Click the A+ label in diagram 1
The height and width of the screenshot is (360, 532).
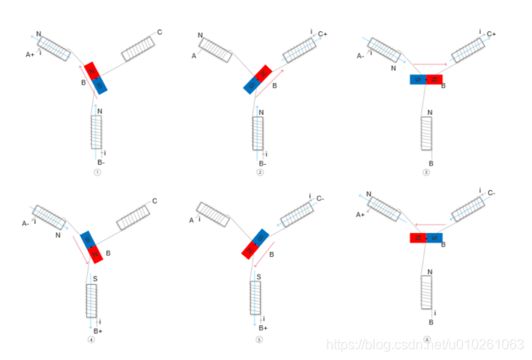point(30,54)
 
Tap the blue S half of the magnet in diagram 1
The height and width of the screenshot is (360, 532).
point(100,85)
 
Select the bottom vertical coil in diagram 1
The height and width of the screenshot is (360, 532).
point(97,131)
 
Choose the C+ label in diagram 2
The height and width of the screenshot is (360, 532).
point(323,35)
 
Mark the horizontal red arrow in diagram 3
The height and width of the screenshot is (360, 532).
point(425,63)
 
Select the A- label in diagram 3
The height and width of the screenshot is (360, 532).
point(360,54)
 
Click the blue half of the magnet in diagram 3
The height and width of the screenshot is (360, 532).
point(418,79)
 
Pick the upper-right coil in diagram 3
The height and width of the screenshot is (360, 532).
point(468,50)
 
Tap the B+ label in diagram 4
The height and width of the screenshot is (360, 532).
point(98,330)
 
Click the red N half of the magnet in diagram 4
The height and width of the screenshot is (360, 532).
point(95,252)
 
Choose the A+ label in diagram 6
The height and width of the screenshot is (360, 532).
point(360,215)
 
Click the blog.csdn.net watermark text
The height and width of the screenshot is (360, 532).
point(423,345)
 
